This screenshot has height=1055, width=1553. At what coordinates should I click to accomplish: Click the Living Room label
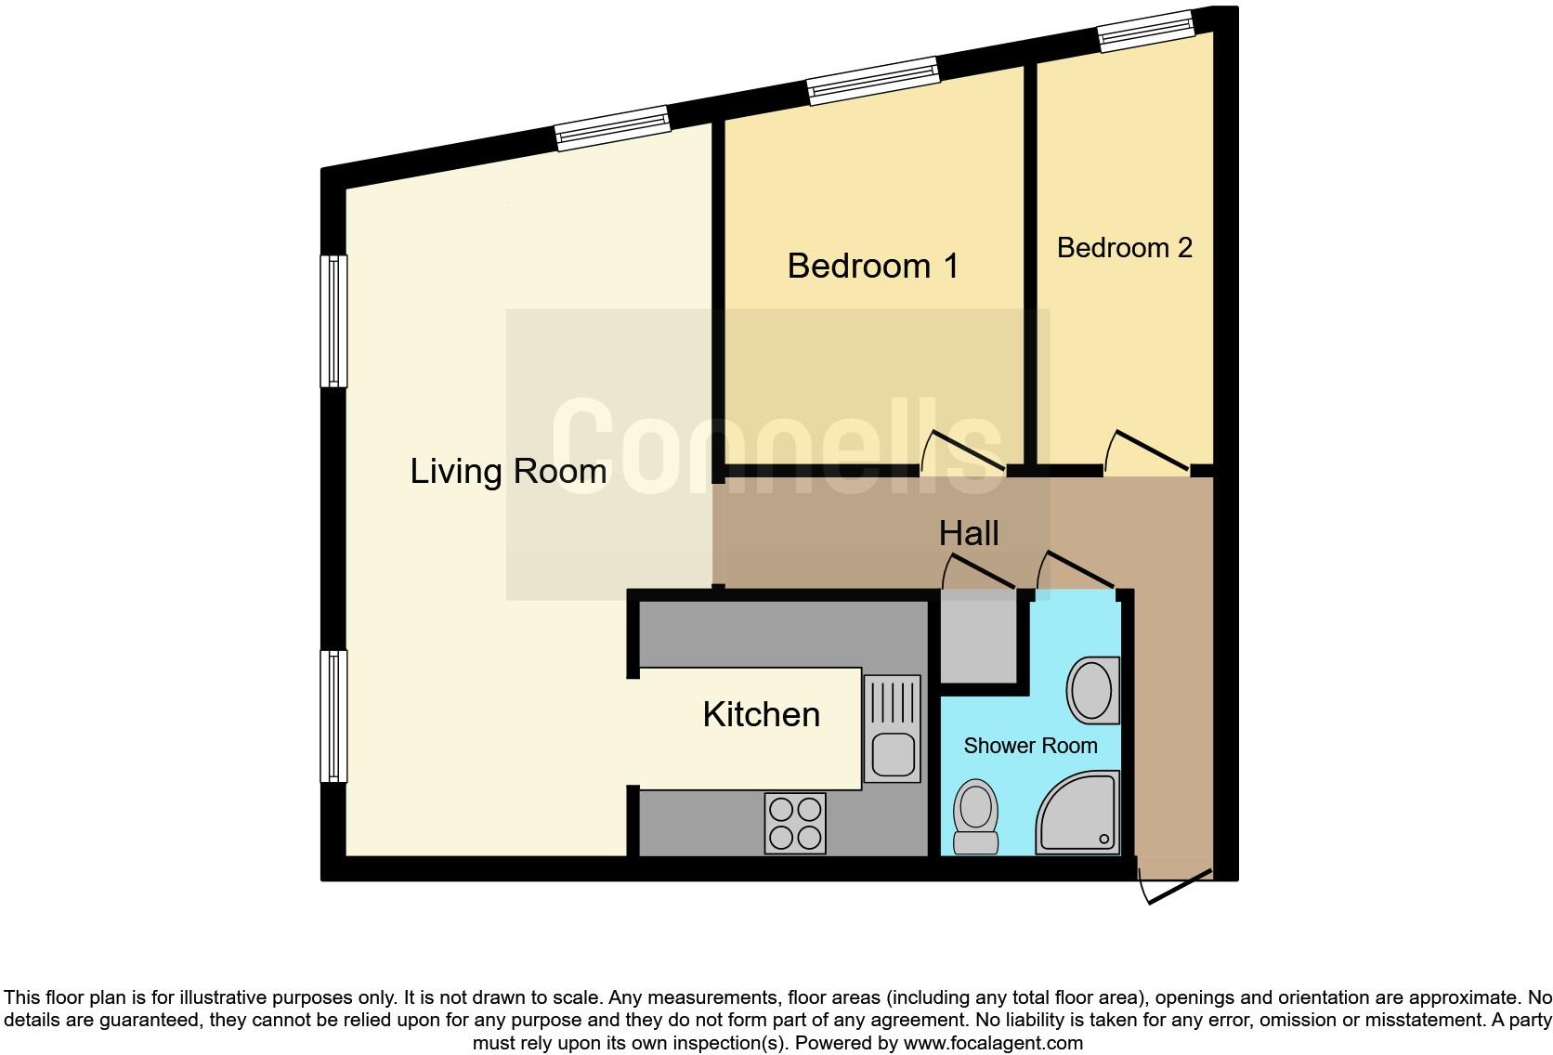pyautogui.click(x=508, y=472)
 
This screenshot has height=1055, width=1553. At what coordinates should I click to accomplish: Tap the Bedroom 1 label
pyautogui.click(x=872, y=267)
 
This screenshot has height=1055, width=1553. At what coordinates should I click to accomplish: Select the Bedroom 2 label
pyautogui.click(x=1124, y=248)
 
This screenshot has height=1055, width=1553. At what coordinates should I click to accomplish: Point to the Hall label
pyautogui.click(x=969, y=534)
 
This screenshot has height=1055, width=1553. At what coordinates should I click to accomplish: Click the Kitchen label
pyautogui.click(x=761, y=715)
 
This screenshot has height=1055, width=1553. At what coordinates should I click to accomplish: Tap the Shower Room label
pyautogui.click(x=1030, y=746)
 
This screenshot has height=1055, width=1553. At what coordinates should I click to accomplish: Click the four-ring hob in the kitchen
pyautogui.click(x=795, y=824)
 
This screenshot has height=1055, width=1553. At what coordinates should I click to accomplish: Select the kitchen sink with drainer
pyautogui.click(x=892, y=728)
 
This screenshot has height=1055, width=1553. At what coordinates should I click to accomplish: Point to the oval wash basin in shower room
pyautogui.click(x=1092, y=690)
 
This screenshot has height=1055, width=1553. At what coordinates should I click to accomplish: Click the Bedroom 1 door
pyautogui.click(x=964, y=451)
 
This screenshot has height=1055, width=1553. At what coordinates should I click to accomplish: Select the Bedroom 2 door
pyautogui.click(x=1148, y=451)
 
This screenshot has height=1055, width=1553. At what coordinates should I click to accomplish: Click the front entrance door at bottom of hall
pyautogui.click(x=1176, y=886)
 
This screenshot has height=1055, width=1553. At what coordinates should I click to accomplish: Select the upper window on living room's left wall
pyautogui.click(x=333, y=320)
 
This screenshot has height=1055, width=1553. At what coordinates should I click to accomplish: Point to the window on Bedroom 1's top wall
pyautogui.click(x=872, y=79)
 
